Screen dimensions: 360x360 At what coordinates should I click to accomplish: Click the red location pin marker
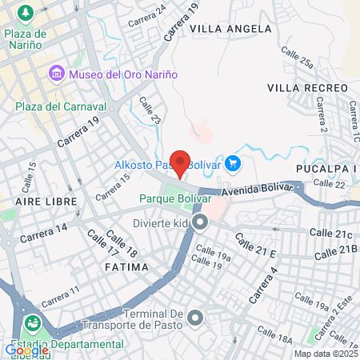point(181,162)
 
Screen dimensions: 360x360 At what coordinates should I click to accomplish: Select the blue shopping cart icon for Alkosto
point(233,163)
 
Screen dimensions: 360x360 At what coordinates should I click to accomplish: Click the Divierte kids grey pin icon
point(199,222)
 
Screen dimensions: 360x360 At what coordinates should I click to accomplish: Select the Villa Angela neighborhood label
point(230,28)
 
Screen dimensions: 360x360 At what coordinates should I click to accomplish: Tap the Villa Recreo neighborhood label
point(305,86)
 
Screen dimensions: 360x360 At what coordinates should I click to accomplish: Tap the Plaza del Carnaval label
point(60,106)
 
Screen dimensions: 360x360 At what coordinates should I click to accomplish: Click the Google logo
point(26,350)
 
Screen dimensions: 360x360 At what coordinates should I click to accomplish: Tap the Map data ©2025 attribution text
point(324,354)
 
